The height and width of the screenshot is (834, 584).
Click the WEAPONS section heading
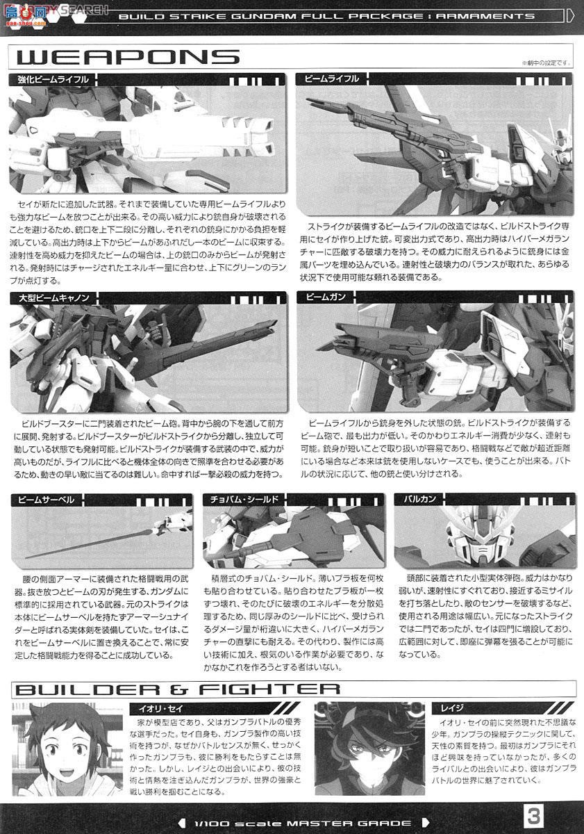point(124,56)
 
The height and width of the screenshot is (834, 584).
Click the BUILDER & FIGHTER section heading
point(177,689)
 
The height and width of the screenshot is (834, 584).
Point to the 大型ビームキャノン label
point(50,297)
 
